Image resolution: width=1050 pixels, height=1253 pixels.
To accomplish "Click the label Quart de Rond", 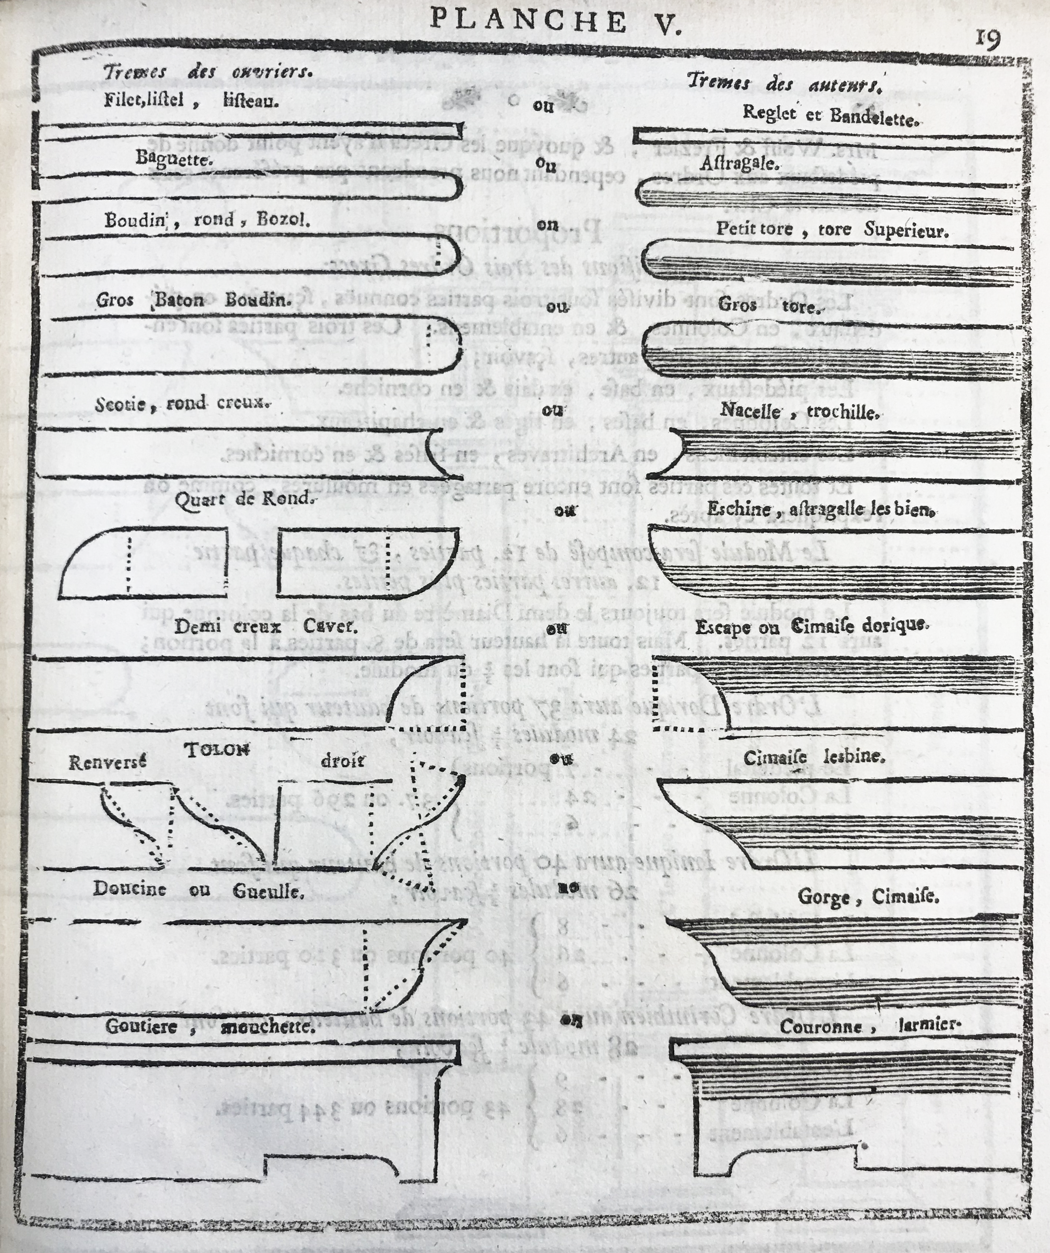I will click(243, 499).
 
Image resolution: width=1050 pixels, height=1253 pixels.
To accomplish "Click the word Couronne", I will click(821, 1027).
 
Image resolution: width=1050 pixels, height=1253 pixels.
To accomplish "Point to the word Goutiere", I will click(141, 1026).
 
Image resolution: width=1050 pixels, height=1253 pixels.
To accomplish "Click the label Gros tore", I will click(768, 306).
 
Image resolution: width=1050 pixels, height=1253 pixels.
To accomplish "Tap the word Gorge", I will click(823, 897).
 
